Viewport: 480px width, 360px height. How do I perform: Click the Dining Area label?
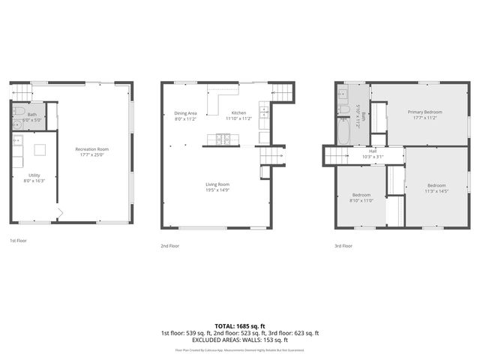pyautogui.click(x=185, y=113)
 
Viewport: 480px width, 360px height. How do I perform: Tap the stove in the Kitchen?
pyautogui.click(x=223, y=138)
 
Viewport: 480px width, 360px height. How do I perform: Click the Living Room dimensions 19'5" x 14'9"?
pyautogui.click(x=217, y=190)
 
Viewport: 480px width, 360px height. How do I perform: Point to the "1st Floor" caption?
pyautogui.click(x=18, y=241)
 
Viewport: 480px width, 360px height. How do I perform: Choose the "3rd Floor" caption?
pyautogui.click(x=342, y=245)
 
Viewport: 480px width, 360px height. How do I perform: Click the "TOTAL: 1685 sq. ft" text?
pyautogui.click(x=239, y=326)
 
